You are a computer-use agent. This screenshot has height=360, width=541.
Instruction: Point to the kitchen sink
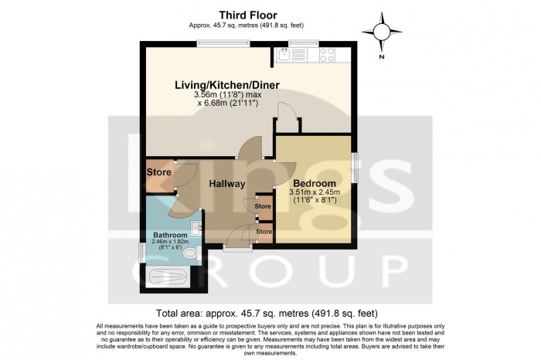tap(284, 54)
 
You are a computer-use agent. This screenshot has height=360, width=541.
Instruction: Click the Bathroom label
tap(169, 235)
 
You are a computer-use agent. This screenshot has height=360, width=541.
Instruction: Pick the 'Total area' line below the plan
tap(267, 313)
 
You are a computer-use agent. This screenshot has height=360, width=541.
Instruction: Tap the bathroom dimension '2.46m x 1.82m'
tap(170, 243)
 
